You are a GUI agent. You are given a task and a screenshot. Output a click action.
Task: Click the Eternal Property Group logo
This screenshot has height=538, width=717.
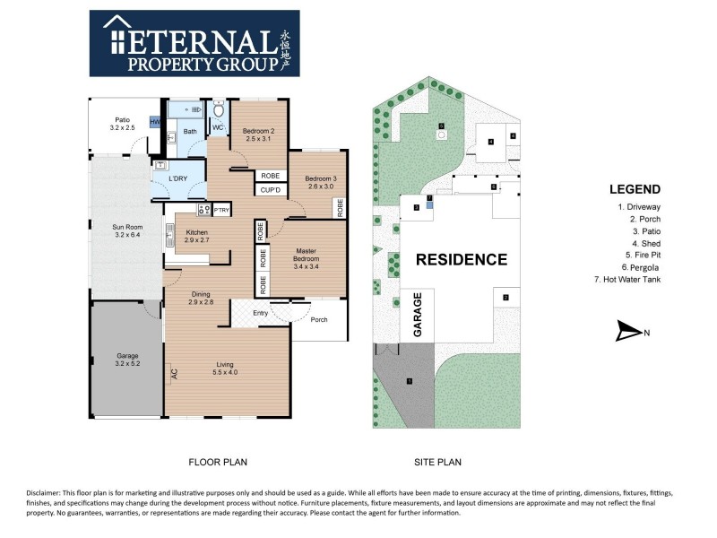(x=194, y=43)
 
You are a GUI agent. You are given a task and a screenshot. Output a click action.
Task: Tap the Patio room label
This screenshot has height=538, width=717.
(x=123, y=124)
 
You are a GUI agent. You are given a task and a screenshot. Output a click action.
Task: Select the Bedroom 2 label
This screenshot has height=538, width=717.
(x=259, y=135)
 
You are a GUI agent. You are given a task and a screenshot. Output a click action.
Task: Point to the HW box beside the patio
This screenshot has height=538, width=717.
(x=155, y=122)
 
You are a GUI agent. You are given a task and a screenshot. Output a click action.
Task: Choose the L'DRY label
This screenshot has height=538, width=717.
(x=178, y=178)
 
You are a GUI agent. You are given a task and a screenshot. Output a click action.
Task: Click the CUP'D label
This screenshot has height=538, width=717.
(x=271, y=189)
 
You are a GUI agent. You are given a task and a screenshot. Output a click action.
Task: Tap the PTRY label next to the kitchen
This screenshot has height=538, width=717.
(x=220, y=210)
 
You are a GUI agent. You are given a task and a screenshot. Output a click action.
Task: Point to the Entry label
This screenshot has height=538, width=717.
(x=261, y=313)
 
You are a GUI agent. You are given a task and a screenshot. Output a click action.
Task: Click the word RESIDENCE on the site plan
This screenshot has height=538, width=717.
(x=461, y=260)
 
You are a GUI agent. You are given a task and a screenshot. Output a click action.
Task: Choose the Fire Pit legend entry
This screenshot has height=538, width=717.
(x=639, y=255)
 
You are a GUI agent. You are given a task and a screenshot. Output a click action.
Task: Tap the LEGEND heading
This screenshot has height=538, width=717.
(x=635, y=189)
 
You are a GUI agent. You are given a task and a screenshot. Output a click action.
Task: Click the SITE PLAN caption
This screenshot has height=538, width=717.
(x=437, y=463)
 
